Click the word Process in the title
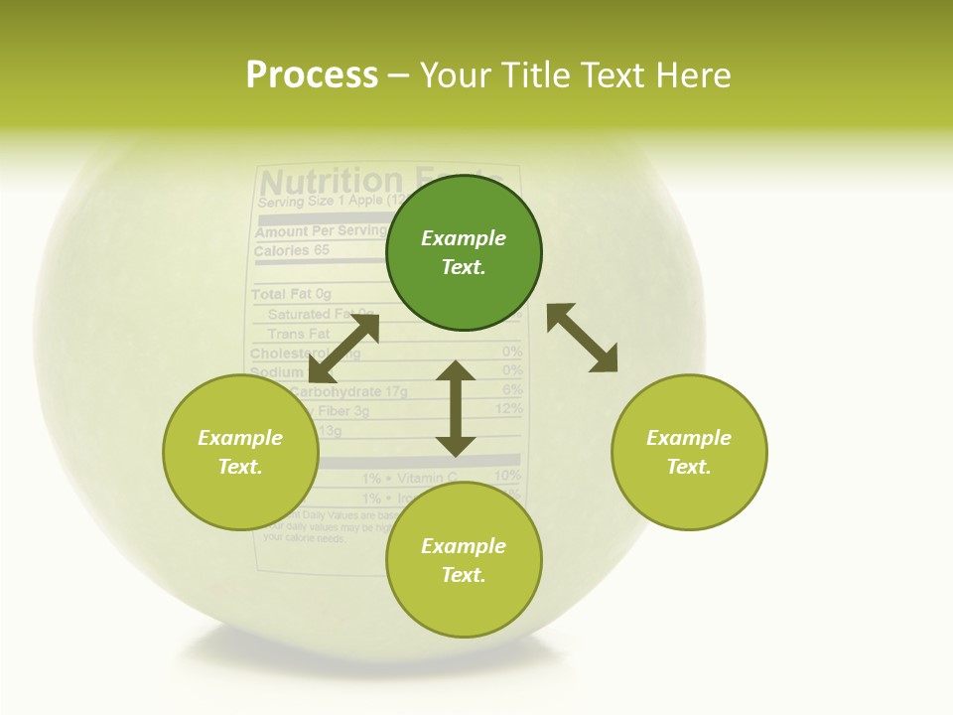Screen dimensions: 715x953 (312, 74)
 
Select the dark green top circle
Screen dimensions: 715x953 (464, 252)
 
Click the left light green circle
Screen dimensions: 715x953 (240, 452)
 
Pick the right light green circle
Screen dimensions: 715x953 (689, 452)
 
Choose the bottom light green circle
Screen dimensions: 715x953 (464, 560)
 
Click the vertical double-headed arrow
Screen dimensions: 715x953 (456, 408)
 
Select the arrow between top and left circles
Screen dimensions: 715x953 (343, 349)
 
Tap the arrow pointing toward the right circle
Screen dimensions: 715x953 (583, 339)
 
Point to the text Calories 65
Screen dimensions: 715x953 (291, 251)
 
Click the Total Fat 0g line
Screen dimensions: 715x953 (291, 294)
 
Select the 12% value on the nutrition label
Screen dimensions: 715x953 (508, 409)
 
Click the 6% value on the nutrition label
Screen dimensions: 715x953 (512, 389)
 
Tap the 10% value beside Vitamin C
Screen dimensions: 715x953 (506, 476)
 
